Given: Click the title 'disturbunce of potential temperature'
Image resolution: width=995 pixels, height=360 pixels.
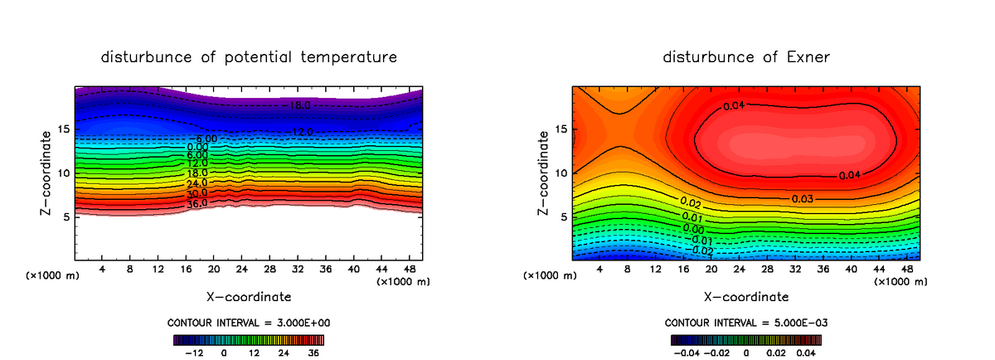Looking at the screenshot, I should coord(248,57).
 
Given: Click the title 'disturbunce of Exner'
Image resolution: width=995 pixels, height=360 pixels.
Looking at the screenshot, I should coord(746,57).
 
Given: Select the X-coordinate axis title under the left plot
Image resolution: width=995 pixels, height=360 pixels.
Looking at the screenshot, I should coord(248,296).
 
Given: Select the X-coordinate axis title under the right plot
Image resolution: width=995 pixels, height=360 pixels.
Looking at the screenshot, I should coord(746,296).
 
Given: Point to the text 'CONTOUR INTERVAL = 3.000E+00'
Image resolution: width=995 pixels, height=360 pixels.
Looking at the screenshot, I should coord(250,322).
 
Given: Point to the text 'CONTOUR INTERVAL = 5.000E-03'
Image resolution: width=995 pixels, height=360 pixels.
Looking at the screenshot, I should coord(747,322).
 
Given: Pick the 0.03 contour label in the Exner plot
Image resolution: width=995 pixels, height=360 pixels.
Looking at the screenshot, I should coord(802,199).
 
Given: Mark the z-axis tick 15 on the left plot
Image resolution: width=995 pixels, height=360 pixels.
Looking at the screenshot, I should coord(63,129).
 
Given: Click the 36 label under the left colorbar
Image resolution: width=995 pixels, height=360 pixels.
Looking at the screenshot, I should coord(313,353).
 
